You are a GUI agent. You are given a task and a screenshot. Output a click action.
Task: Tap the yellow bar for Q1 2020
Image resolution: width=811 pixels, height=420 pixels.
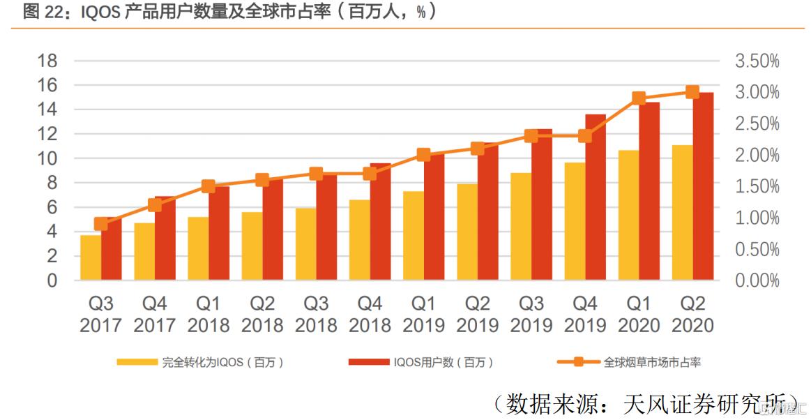(628, 216)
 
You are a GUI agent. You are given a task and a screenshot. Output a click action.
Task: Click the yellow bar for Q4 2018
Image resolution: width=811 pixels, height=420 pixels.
(359, 240)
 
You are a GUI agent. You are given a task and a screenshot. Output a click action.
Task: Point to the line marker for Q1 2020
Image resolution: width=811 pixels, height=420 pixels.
(639, 98)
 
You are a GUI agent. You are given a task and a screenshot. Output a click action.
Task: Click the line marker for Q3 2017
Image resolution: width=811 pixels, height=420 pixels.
(101, 224)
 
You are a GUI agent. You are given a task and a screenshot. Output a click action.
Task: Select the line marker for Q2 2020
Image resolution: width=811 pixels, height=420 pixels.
(692, 92)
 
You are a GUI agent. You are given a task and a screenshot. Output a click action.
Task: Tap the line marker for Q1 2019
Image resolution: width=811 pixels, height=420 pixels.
(423, 155)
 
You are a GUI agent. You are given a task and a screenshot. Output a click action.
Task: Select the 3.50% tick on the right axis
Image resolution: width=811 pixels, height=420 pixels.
(757, 61)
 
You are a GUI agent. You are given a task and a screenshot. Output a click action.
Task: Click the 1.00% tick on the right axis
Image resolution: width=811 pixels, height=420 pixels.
(757, 218)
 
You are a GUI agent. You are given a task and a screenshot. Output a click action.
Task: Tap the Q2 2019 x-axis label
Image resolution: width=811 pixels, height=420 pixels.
(477, 315)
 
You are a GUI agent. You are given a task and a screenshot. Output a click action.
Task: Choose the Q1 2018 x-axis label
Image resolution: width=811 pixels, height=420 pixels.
(208, 315)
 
